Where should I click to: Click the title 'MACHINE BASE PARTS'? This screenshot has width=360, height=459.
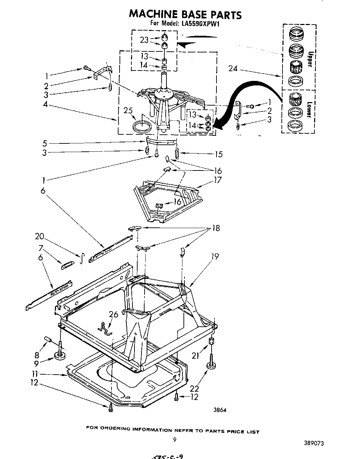click(185, 14)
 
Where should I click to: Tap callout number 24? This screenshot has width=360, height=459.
click(233, 69)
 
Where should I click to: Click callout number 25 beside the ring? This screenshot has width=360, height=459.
click(128, 111)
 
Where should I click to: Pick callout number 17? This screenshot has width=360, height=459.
click(218, 180)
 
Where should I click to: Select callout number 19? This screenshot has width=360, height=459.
click(215, 257)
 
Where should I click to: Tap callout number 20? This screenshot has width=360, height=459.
click(40, 236)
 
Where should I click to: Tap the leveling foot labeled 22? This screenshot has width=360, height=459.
click(211, 365)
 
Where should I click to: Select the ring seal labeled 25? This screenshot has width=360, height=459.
click(142, 125)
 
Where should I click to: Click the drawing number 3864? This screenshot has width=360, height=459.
click(220, 410)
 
